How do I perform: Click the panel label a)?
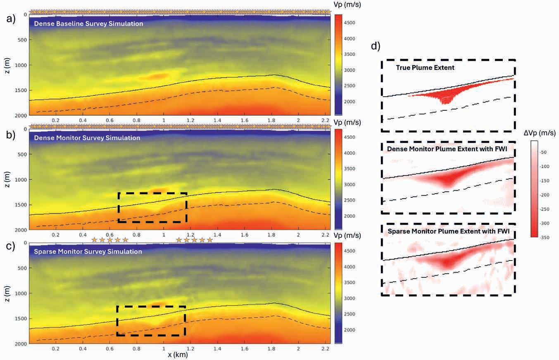coord(11,19)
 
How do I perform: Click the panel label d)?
coord(376,46)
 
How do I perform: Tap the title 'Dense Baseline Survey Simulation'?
coord(88,24)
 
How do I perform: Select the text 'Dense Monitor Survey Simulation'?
coord(87,138)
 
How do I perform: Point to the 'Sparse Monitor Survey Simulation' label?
coord(88,251)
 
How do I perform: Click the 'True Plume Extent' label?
coord(425,68)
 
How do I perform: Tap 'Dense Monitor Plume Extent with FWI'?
coord(447,149)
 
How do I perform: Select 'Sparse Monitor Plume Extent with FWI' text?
coord(449,231)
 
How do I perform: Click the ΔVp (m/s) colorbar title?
coord(540,133)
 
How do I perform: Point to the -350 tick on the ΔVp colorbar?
coord(545,237)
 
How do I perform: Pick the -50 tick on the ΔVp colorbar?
coord(544,152)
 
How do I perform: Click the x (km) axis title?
coord(178,355)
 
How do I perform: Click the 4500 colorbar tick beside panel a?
coord(350,23)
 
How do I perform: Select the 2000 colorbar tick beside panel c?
coord(350,330)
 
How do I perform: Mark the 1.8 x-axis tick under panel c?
coord(271,349)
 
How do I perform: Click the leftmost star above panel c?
coord(94,240)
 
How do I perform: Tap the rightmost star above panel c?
coord(210,240)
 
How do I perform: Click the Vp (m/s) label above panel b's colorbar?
coord(347,123)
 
